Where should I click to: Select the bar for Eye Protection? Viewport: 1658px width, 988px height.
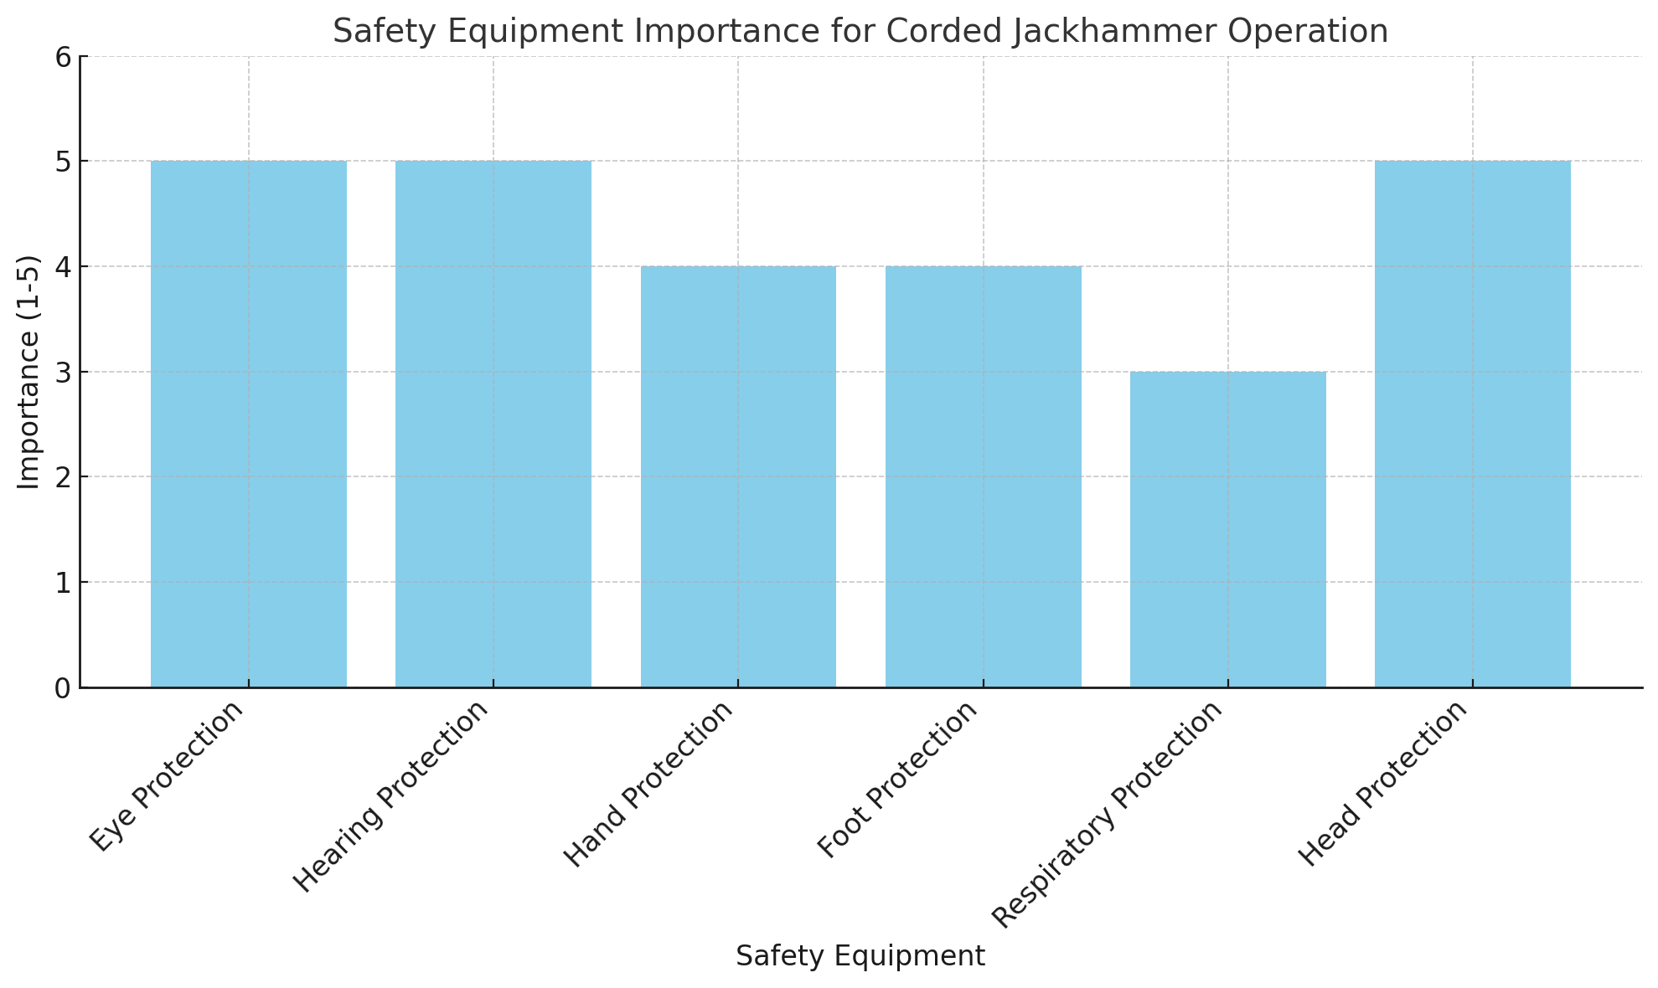tap(249, 424)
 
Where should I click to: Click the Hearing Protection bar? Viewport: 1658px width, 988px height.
tap(493, 424)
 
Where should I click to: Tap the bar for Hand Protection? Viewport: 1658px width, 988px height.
tap(738, 476)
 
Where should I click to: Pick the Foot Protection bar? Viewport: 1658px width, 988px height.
tap(983, 476)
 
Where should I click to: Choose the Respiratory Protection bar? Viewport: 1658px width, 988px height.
tap(1228, 529)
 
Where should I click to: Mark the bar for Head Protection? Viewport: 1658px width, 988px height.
tap(1473, 424)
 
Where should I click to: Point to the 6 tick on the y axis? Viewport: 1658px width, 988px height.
tap(63, 57)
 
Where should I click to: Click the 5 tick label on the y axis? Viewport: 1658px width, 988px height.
tap(63, 162)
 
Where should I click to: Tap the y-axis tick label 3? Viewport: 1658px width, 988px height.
tap(63, 373)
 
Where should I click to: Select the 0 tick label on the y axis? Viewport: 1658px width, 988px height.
tap(63, 688)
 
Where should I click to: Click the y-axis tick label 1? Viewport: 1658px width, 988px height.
tap(63, 583)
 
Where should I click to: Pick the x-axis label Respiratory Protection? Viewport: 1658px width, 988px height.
tap(1108, 814)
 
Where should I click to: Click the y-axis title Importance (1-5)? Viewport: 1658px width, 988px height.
tap(29, 373)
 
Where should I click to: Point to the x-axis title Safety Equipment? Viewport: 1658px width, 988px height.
tap(860, 956)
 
